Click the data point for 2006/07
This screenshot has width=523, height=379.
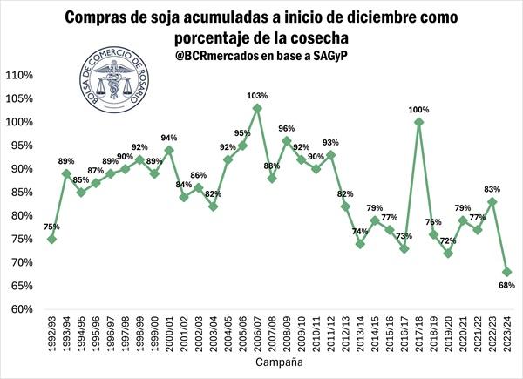pyautogui.click(x=257, y=108)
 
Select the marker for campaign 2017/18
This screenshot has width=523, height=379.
pyautogui.click(x=419, y=122)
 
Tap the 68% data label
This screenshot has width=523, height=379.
pyautogui.click(x=507, y=285)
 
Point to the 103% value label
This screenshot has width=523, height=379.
pyautogui.click(x=257, y=94)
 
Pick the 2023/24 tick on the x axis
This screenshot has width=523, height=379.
pyautogui.click(x=507, y=333)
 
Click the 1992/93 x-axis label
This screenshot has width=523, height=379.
pyautogui.click(x=52, y=333)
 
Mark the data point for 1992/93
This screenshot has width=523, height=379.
pyautogui.click(x=52, y=239)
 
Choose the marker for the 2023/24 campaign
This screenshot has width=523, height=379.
pyautogui.click(x=506, y=272)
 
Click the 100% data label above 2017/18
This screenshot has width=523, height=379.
pyautogui.click(x=419, y=110)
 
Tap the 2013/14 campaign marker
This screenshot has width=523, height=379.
pyautogui.click(x=360, y=244)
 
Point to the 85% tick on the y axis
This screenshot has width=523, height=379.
pyautogui.click(x=21, y=193)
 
